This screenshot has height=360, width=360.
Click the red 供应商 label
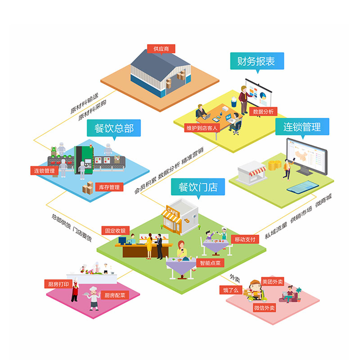tap(161, 49)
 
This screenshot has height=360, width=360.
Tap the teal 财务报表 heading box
tap(257, 61)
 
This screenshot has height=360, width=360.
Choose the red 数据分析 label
tap(263, 111)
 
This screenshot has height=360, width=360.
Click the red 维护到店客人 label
tap(202, 128)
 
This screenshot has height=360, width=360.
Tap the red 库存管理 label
tap(108, 187)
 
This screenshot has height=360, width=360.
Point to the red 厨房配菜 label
tap(115, 295)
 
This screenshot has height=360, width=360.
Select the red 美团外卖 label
tap(273, 282)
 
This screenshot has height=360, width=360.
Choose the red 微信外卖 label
tap(264, 308)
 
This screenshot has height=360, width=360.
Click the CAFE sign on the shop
tap(173, 210)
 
